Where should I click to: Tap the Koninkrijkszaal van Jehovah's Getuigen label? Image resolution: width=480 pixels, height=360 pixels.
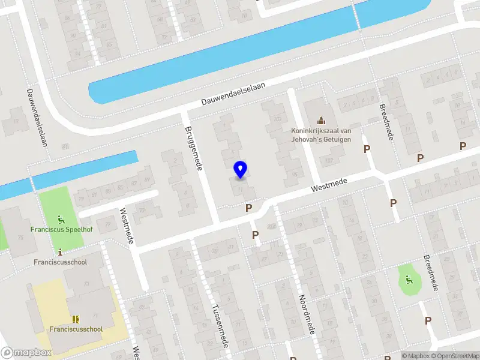(x=321, y=136)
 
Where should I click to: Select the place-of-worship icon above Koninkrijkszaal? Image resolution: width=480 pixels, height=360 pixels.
(x=321, y=120)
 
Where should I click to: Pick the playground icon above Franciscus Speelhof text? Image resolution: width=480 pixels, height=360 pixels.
(x=59, y=219)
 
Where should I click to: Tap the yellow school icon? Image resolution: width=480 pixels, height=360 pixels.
(x=76, y=319)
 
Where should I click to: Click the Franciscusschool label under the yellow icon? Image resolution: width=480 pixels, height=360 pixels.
(x=76, y=329)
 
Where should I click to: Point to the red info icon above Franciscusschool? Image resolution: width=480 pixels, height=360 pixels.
(x=60, y=252)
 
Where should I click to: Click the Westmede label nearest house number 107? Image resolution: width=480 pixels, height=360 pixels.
(x=329, y=184)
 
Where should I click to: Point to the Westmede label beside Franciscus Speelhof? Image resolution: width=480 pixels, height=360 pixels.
(x=127, y=226)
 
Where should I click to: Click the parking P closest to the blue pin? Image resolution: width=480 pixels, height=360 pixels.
(x=248, y=208)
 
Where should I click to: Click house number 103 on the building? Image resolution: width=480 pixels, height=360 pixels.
(x=277, y=119)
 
